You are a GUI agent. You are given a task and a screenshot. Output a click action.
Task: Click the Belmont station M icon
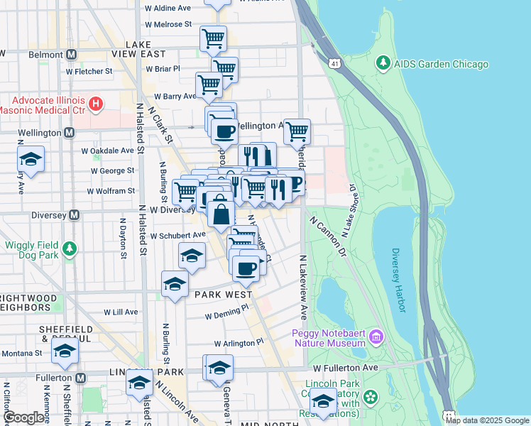tap(71, 55)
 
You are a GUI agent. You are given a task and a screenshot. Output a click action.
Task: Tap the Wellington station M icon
tap(69, 133)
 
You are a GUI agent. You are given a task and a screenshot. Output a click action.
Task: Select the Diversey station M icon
tap(74, 214)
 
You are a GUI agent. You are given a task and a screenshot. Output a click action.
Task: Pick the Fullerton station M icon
tap(80, 378)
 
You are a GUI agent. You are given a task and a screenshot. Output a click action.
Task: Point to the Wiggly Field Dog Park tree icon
tap(69, 248)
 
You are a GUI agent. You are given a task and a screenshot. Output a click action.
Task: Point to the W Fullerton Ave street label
tap(348, 368)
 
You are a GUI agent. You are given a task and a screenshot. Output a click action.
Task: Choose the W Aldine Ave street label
tap(168, 9)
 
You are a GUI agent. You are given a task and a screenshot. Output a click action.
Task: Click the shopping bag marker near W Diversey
tap(221, 214)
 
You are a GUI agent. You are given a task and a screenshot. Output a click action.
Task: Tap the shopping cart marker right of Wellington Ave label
tap(297, 131)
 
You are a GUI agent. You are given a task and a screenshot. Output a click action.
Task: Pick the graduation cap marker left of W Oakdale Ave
tap(31, 159)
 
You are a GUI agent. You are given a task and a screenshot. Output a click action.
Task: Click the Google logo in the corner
tap(23, 417)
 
